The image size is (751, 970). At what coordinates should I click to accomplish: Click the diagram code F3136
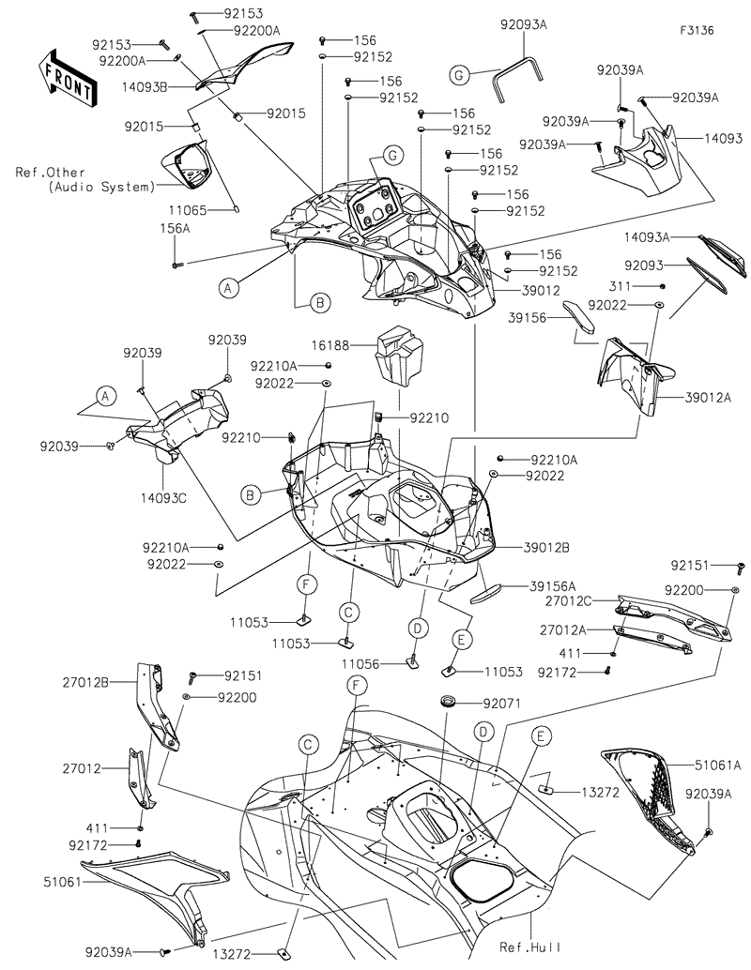(x=697, y=30)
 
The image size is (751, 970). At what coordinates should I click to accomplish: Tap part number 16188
(x=345, y=346)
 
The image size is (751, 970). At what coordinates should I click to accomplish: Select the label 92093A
(x=523, y=25)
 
